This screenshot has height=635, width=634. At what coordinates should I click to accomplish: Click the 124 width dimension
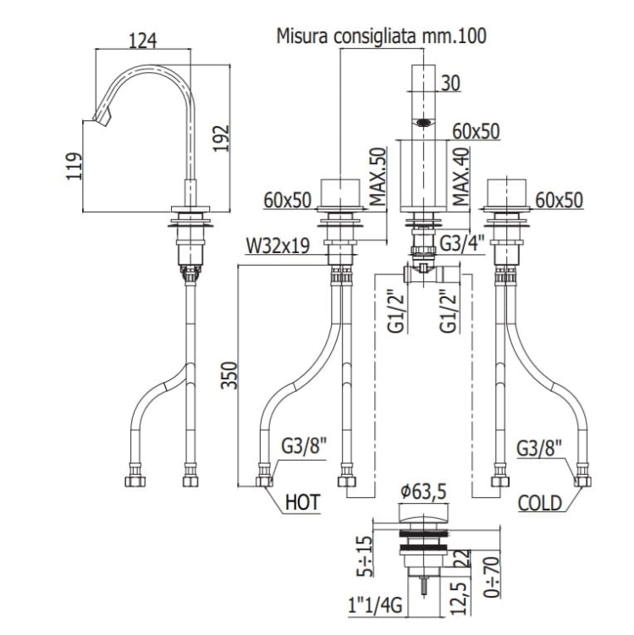[142, 41]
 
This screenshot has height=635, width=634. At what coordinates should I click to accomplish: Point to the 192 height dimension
[222, 139]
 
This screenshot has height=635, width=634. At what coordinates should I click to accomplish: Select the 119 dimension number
[74, 166]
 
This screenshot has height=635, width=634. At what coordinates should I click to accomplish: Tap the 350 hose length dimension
[229, 375]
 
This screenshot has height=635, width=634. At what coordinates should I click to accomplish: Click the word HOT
[303, 502]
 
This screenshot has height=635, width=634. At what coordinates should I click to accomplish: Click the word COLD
[540, 504]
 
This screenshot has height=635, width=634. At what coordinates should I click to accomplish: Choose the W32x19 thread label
[278, 246]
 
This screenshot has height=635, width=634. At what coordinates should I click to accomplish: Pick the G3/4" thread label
[462, 244]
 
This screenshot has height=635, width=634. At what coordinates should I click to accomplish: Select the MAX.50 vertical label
[378, 177]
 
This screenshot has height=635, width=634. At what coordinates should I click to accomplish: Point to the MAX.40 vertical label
[460, 177]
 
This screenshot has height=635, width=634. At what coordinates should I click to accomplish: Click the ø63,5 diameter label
[423, 492]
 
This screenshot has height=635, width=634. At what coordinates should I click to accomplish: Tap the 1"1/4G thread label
[375, 606]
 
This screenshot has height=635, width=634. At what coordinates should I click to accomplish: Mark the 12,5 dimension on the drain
[462, 596]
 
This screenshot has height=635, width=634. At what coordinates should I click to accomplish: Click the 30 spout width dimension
[450, 84]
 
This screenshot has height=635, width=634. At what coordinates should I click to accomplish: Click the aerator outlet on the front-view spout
[423, 121]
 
